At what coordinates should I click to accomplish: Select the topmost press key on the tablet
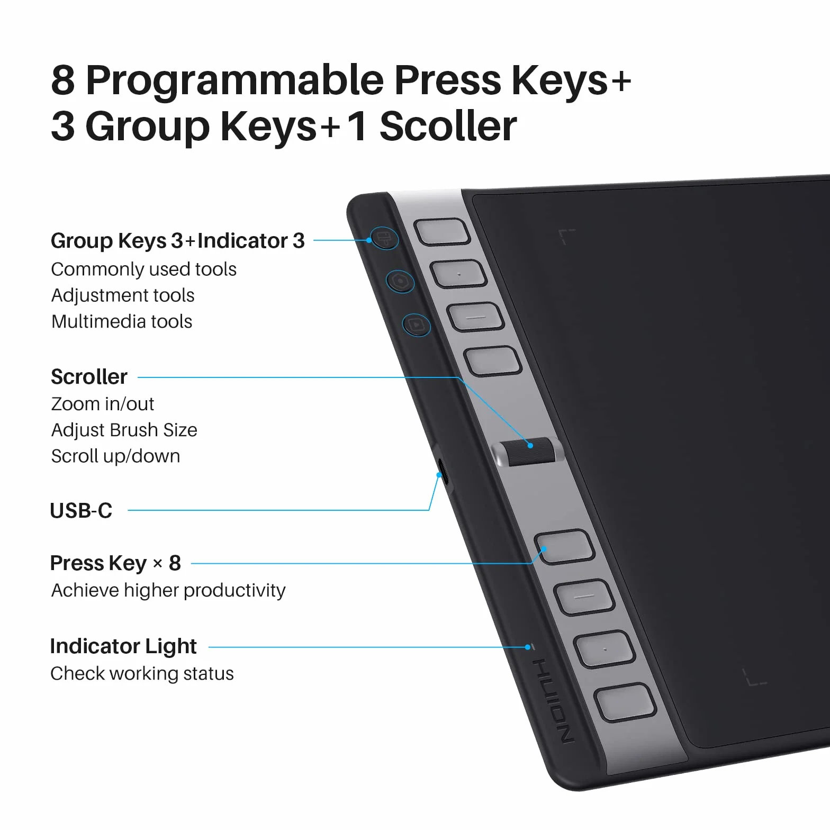click(x=442, y=232)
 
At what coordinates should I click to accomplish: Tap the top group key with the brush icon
click(x=384, y=238)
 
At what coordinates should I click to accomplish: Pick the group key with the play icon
click(x=417, y=325)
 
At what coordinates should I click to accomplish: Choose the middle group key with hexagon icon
click(x=400, y=281)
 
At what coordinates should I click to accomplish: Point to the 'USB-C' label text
click(x=81, y=511)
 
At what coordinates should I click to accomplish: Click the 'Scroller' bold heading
click(x=89, y=377)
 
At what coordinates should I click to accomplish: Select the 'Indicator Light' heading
click(x=123, y=646)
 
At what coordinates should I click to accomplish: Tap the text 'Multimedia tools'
click(x=122, y=321)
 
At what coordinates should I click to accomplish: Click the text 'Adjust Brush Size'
click(x=124, y=430)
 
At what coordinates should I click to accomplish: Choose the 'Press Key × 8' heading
click(x=115, y=563)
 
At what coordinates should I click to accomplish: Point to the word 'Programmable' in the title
click(x=234, y=80)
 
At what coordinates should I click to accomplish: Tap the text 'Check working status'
click(x=142, y=673)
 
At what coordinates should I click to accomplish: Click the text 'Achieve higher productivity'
click(x=168, y=590)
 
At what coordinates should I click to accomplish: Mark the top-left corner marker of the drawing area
click(x=566, y=237)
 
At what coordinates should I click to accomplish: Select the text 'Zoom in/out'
click(x=103, y=404)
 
